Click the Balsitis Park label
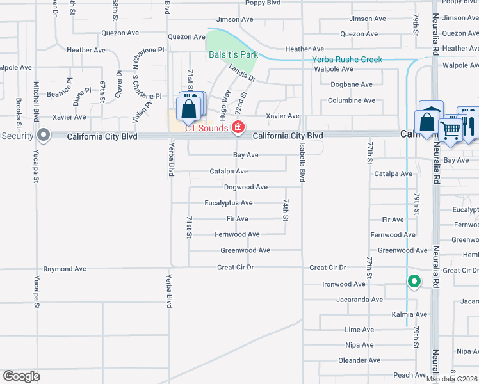pos(233,54)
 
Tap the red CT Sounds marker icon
pos(238,127)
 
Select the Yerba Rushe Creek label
pos(346,60)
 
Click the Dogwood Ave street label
pos(245,187)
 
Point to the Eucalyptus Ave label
pos(228,203)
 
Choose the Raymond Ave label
pos(64,269)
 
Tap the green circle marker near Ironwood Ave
pos(414,281)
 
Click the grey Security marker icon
pos(44,135)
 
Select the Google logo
pos(21,376)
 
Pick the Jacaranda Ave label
pos(359,300)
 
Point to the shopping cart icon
pos(451,129)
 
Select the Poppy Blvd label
pos(263,3)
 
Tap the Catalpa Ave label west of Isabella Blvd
pos(229,172)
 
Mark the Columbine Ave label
pos(351,100)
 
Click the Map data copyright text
pos(452,379)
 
